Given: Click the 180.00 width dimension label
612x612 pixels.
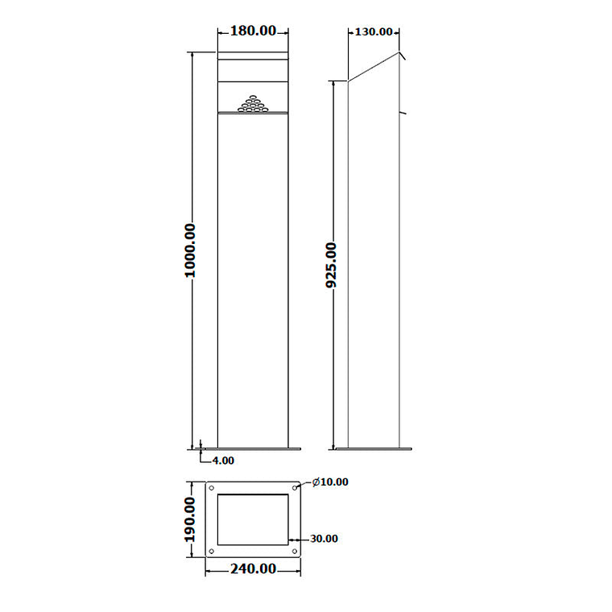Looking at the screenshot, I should (x=254, y=31).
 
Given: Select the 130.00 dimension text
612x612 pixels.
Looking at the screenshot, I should (x=374, y=32).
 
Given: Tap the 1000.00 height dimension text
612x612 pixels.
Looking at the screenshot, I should (x=190, y=250).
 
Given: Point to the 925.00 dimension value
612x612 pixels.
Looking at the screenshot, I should (x=331, y=265).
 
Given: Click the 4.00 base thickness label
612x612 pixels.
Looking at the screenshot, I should (x=223, y=461).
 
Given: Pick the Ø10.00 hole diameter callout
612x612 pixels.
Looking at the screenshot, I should (x=329, y=482).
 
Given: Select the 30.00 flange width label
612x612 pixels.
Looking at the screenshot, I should (x=324, y=539).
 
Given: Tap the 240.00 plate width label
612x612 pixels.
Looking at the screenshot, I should (x=253, y=569).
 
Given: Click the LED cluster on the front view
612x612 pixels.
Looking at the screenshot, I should (x=253, y=104).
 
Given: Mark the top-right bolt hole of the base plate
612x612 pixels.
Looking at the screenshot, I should (x=295, y=488).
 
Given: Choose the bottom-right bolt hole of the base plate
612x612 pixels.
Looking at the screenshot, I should (x=295, y=551).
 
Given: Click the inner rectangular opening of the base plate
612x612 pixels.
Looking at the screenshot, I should (x=253, y=519).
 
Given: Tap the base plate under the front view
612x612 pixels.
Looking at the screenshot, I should (x=253, y=447).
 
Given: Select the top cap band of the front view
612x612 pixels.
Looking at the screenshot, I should (x=253, y=56).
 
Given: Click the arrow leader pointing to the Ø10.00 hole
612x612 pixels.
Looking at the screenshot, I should (x=304, y=484).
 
